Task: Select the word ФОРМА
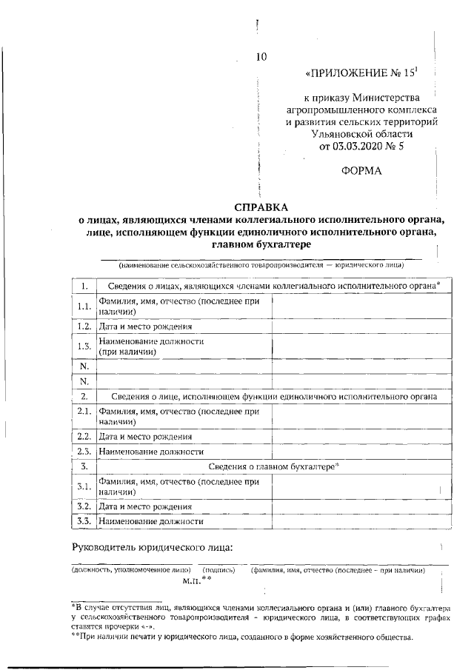(361, 171)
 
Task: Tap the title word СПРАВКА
(262, 207)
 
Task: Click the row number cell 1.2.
(84, 326)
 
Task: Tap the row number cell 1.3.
(84, 346)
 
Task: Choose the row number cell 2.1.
(84, 415)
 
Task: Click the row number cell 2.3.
(84, 450)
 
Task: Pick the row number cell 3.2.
(84, 506)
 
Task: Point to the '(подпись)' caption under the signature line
(219, 570)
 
